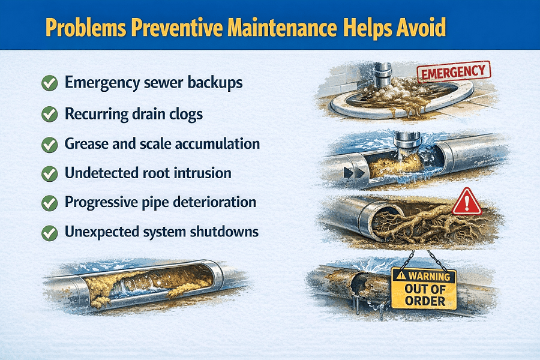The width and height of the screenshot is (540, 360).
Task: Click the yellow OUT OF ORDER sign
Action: pyautogui.click(x=424, y=289)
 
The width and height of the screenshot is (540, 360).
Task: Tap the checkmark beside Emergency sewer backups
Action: pyautogui.click(x=49, y=83)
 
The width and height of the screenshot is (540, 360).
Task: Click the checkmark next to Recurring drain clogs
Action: pyautogui.click(x=49, y=113)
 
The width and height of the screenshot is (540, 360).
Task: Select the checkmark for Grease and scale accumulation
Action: pyautogui.click(x=49, y=144)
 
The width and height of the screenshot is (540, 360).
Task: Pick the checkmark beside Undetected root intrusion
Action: pyautogui.click(x=49, y=173)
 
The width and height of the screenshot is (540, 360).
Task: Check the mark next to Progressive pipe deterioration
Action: pyautogui.click(x=49, y=203)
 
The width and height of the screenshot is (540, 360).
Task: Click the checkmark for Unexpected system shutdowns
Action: pyautogui.click(x=49, y=232)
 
